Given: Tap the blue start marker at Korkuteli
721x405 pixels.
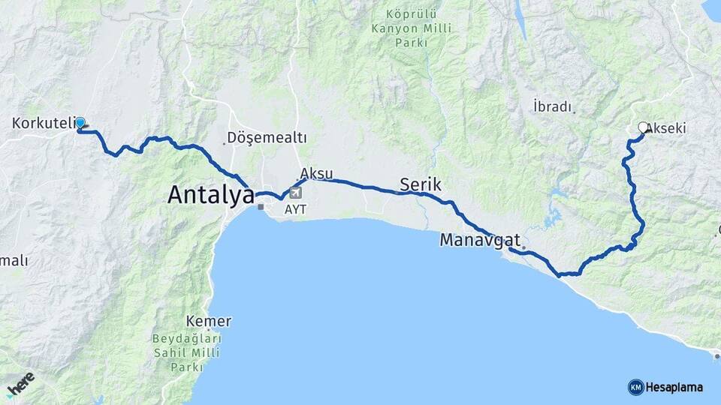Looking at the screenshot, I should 80,122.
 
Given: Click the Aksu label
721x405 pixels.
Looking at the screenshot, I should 315,172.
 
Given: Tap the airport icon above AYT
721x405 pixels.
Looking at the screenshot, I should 295,193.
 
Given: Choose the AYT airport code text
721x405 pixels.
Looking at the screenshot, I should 295,209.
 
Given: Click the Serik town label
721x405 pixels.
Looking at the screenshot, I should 421,184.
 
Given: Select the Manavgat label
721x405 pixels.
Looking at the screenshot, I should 480,240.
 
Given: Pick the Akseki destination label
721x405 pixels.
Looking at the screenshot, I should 666,128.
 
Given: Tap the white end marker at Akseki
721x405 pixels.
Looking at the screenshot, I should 643,127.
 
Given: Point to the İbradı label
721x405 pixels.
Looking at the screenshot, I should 552,106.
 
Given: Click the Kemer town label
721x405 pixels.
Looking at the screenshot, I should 210,321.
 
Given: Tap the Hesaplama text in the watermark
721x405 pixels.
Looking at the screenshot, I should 674,387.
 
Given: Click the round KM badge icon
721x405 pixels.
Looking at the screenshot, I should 635,387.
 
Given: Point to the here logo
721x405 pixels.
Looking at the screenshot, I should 20,385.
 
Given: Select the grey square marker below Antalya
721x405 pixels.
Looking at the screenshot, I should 261,206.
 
